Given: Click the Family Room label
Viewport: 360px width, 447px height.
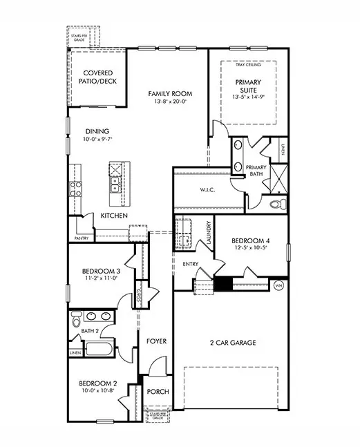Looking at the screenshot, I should pyautogui.click(x=169, y=93).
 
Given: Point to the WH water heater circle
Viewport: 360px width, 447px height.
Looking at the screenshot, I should pyautogui.click(x=279, y=284).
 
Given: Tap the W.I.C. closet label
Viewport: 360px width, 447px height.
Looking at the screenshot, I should pyautogui.click(x=210, y=190).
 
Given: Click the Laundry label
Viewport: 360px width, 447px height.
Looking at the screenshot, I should pyautogui.click(x=208, y=232).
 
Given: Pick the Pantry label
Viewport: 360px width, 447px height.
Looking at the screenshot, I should pyautogui.click(x=81, y=238).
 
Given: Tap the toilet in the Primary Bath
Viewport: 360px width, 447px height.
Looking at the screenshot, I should pyautogui.click(x=276, y=204).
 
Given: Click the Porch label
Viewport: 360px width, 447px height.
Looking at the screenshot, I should pyautogui.click(x=158, y=392).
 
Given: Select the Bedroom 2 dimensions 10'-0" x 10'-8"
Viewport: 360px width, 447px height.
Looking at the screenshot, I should pyautogui.click(x=97, y=390).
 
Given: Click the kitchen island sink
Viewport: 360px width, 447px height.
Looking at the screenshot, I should pyautogui.click(x=113, y=184).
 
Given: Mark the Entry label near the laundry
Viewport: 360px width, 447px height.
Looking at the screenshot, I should pyautogui.click(x=191, y=265).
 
